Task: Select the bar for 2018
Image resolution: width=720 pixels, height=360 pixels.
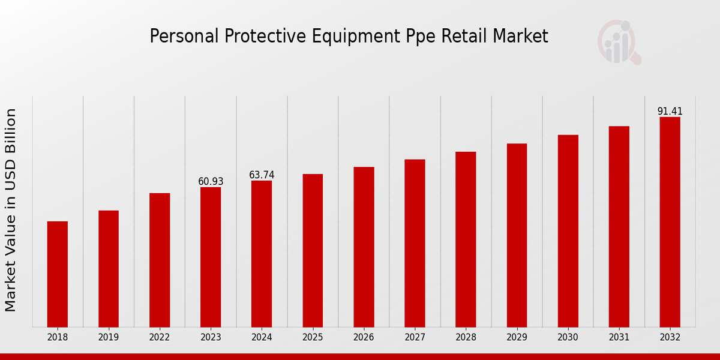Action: pyautogui.click(x=58, y=274)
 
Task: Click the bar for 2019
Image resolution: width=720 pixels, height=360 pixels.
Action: pyautogui.click(x=109, y=269)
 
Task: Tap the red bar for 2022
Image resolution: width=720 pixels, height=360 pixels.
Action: pyautogui.click(x=160, y=260)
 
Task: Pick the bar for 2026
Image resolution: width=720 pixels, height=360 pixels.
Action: pyautogui.click(x=364, y=247)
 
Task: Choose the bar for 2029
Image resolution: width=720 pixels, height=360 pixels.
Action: pyautogui.click(x=517, y=235)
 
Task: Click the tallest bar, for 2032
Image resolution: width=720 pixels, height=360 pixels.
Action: pyautogui.click(x=670, y=222)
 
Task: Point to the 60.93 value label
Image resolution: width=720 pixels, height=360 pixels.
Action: pyautogui.click(x=211, y=181)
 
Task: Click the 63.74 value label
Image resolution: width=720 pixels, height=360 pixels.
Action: pyautogui.click(x=262, y=175)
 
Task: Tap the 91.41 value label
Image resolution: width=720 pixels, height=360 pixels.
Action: pyautogui.click(x=670, y=111)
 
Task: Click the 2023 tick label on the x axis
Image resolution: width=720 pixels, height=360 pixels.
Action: pyautogui.click(x=211, y=338)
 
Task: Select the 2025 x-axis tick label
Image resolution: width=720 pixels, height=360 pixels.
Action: pyautogui.click(x=313, y=338)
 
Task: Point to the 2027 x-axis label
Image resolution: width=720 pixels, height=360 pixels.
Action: pyautogui.click(x=415, y=338)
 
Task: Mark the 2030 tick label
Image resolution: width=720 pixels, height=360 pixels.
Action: pyautogui.click(x=568, y=338)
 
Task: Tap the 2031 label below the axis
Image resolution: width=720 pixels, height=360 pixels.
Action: pyautogui.click(x=619, y=338)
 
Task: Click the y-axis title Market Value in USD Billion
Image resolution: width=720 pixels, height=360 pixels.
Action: pyautogui.click(x=11, y=210)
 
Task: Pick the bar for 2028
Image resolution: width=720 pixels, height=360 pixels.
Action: pyautogui.click(x=466, y=239)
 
